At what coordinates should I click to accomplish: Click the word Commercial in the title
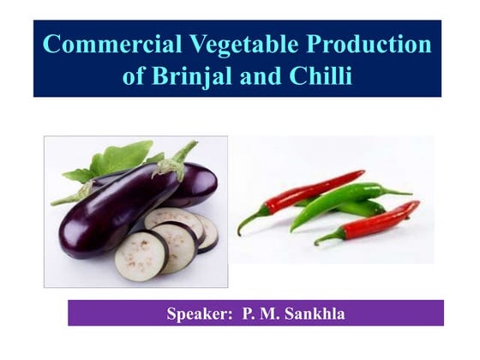pos(105,45)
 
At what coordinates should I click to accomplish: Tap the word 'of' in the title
pos(135,76)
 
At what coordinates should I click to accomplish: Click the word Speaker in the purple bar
pos(199,314)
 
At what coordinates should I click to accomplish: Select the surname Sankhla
pos(311,314)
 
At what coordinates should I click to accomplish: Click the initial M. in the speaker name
pos(267,314)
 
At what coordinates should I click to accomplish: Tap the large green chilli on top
pos(343,201)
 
